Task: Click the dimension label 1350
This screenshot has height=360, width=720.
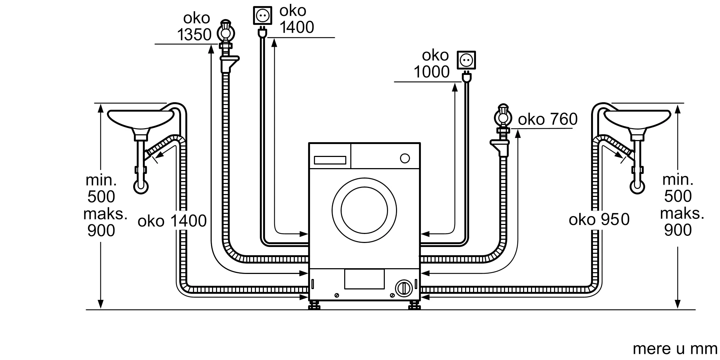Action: (x=194, y=35)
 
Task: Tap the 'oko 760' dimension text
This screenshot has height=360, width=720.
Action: (x=548, y=120)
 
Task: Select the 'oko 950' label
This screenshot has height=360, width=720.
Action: (x=599, y=220)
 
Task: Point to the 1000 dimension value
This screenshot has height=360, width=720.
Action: (x=432, y=72)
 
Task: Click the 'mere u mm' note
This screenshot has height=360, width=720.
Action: (x=675, y=349)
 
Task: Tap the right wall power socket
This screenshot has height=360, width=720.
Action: (x=466, y=60)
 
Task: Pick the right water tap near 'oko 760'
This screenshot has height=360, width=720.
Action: (x=503, y=117)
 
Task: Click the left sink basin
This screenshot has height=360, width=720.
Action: (x=140, y=119)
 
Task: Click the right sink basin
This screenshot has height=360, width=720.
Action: (x=637, y=119)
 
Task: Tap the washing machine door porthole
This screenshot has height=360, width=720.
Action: (x=364, y=210)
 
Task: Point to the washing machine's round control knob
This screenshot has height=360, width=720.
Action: (x=405, y=158)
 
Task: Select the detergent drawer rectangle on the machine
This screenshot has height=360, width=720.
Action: (x=330, y=160)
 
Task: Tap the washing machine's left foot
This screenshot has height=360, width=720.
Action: (x=314, y=306)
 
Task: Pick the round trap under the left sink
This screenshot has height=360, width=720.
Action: (x=141, y=186)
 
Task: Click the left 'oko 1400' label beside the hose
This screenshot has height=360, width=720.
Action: (x=172, y=221)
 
